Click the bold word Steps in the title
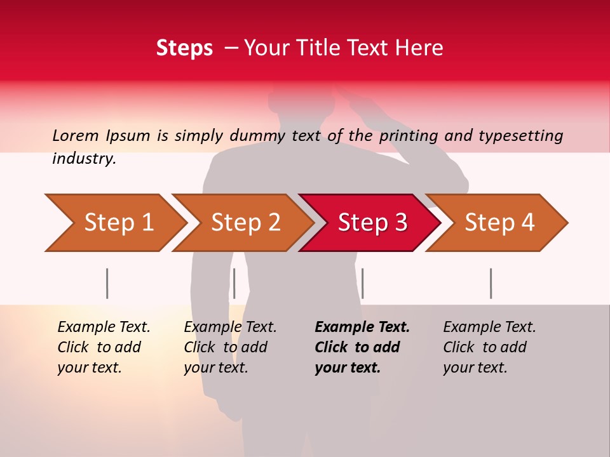[x=184, y=48]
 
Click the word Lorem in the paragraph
[x=75, y=135]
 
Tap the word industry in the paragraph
[x=84, y=159]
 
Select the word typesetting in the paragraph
[x=520, y=136]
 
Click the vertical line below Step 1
[x=107, y=283]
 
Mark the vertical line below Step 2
[x=234, y=283]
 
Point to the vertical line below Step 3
[x=362, y=283]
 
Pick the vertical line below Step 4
[x=491, y=283]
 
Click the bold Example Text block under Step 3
[x=362, y=347]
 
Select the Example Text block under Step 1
[x=104, y=347]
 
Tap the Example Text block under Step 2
[x=230, y=347]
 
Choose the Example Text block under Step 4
[x=489, y=347]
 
